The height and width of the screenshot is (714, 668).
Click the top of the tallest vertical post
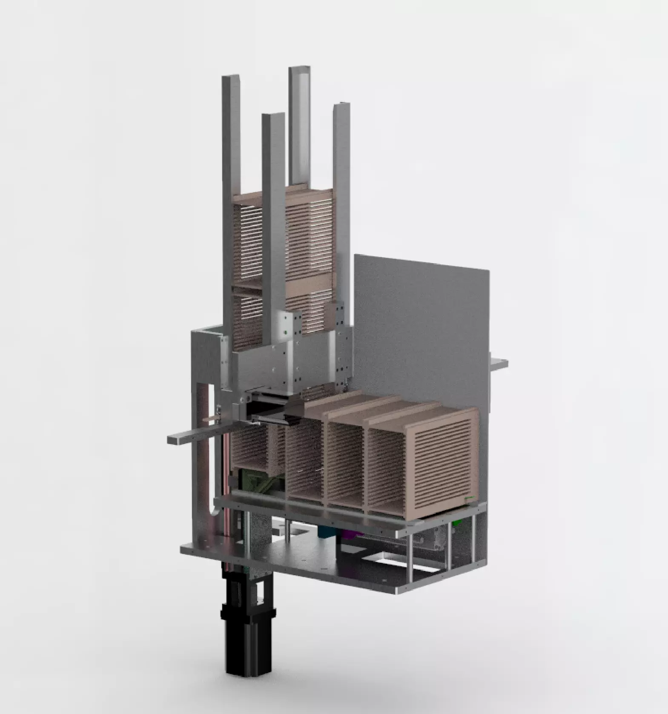(x=299, y=69)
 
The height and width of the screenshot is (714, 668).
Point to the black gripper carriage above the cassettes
(x=294, y=415)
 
